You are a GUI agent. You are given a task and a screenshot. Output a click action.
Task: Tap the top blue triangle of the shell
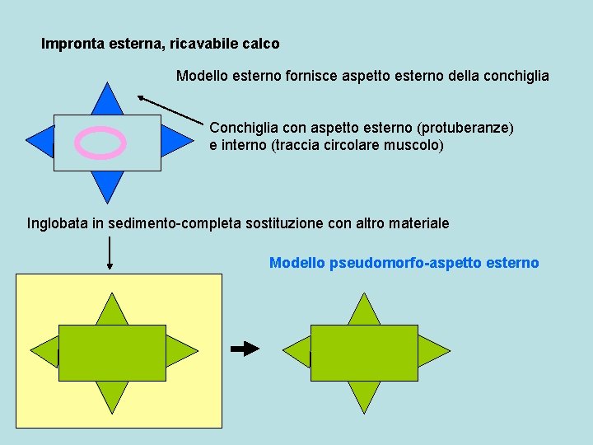pyautogui.click(x=107, y=101)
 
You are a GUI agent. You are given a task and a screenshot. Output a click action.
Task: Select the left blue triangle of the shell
pyautogui.click(x=41, y=142)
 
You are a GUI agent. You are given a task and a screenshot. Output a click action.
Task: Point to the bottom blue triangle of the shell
pyautogui.click(x=107, y=184)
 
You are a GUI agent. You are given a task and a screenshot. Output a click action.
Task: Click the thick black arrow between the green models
pyautogui.click(x=245, y=349)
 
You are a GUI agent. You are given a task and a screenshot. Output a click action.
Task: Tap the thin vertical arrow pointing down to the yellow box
pyautogui.click(x=110, y=252)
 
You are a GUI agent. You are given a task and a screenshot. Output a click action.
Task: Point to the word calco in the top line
pyautogui.click(x=261, y=44)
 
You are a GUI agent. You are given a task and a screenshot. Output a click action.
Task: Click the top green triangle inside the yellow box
pyautogui.click(x=112, y=311)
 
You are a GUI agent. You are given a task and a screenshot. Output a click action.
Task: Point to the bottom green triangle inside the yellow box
pyautogui.click(x=112, y=394)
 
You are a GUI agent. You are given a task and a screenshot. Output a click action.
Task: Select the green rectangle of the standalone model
pyautogui.click(x=364, y=353)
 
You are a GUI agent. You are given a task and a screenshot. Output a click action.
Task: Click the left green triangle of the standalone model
pyautogui.click(x=297, y=352)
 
